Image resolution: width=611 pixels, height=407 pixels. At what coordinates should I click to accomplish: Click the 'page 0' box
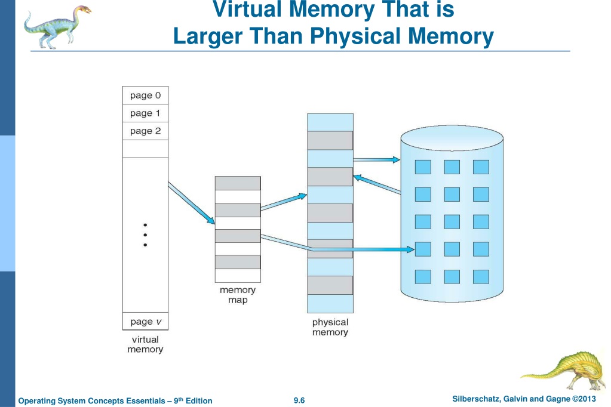coord(145,95)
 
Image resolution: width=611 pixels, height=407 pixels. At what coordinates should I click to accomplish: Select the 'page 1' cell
coord(145,113)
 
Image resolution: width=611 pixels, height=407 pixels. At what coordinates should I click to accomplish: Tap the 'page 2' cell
coord(145,131)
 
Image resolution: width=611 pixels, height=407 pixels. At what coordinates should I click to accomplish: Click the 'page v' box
coord(145,321)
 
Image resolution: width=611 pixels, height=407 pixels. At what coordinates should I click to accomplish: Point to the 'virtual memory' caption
coord(145,344)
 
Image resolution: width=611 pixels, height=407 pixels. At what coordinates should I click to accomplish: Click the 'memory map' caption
coord(238,295)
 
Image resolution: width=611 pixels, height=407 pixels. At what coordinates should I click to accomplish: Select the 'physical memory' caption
coord(330,327)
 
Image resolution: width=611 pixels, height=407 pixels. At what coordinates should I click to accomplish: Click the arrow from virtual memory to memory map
coord(191,203)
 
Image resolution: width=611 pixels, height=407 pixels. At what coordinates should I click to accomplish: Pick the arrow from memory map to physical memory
coord(284,202)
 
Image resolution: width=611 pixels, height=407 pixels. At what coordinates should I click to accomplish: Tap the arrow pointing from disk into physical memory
coord(377,184)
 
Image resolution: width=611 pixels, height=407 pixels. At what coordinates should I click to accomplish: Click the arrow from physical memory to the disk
coord(377,160)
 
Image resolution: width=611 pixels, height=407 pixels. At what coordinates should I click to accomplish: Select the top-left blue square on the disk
coord(423,167)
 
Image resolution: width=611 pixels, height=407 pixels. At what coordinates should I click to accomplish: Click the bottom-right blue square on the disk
coord(481,277)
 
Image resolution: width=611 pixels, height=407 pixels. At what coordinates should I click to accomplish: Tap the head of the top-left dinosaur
coord(82,10)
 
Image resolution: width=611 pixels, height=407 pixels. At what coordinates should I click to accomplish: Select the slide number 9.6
coord(299,400)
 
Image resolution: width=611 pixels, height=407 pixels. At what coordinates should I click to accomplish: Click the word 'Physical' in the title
coord(357,36)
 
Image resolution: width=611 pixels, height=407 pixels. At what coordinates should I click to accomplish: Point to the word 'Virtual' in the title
coord(247,9)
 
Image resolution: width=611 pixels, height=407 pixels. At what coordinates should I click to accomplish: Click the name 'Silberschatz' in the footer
coord(476,399)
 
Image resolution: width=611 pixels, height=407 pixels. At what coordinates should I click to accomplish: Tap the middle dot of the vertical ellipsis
coord(145,235)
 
